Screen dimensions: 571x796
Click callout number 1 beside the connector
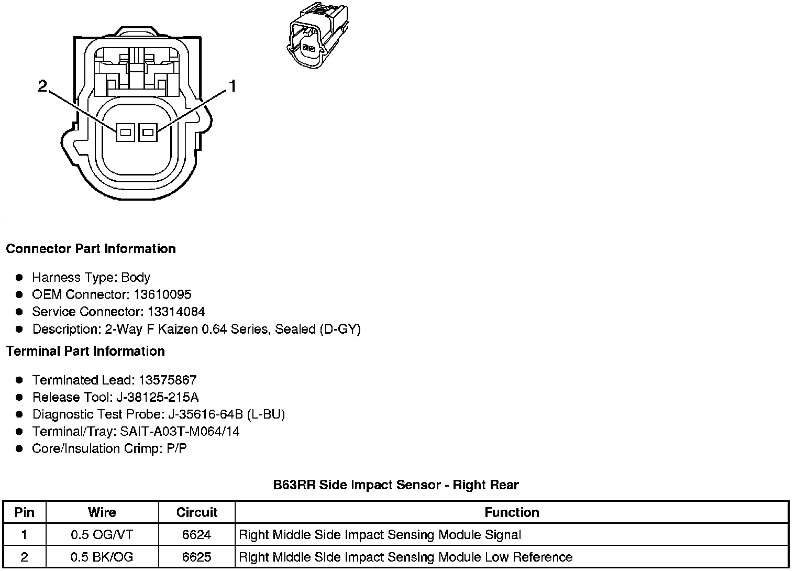[x=231, y=86]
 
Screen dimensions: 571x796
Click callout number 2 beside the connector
[x=43, y=86]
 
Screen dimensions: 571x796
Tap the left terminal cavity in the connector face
[x=125, y=133]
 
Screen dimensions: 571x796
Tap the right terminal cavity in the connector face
[x=148, y=133]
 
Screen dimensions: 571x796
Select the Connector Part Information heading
[x=91, y=248]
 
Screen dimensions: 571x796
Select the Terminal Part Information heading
[x=85, y=351]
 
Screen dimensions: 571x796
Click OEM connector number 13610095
[x=162, y=294]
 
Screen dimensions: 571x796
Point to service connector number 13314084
[x=176, y=312]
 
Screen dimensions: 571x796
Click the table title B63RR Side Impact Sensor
[x=395, y=485]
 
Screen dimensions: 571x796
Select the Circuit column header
[x=196, y=512]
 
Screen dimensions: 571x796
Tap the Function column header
[x=512, y=512]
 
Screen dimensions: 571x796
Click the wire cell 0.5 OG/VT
[x=102, y=535]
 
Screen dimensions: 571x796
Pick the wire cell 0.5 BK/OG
[x=102, y=557]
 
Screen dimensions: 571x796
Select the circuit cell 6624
[x=196, y=535]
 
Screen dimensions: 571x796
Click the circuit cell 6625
[x=196, y=557]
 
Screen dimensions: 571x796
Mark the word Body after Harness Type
[x=136, y=277]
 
